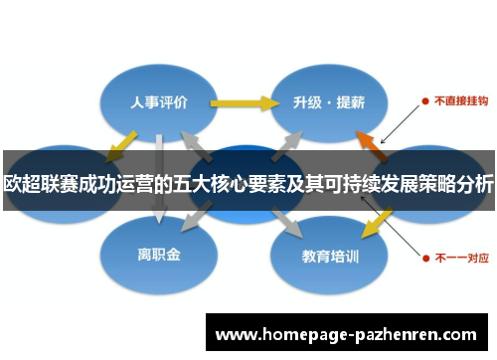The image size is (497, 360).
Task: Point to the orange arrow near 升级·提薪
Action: (x=372, y=143)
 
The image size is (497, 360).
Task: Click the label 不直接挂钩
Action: (x=460, y=101)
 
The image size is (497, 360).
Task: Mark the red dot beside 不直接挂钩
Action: (x=424, y=101)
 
